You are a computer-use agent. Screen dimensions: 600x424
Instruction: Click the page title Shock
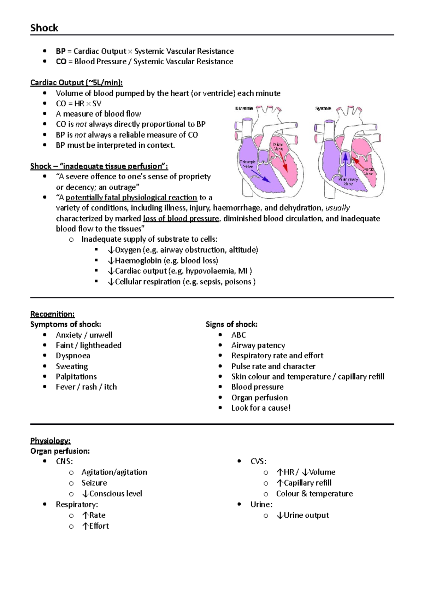coord(44,28)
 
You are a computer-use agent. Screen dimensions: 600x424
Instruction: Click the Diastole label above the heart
coord(244,108)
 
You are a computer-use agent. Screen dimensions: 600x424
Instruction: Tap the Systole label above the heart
coord(323,108)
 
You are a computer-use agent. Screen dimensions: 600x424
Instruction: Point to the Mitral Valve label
coord(278,146)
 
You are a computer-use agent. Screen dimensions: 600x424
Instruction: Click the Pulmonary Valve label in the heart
coord(348,182)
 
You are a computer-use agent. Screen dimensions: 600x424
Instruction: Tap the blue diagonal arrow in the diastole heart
coord(259,176)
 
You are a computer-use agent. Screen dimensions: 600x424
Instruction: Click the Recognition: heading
coord(52,314)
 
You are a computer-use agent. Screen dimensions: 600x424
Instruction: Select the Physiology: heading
coord(50,441)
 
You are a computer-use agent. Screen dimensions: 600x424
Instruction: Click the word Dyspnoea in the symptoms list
coord(73,356)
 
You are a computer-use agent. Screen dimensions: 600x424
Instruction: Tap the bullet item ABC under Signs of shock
coord(238,335)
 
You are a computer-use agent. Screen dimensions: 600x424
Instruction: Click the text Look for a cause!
coord(261,408)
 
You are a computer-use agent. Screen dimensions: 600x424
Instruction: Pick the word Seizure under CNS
coord(94,483)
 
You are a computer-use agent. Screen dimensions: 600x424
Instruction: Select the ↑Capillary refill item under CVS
coord(304,483)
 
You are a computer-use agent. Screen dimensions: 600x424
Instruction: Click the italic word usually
coord(337,208)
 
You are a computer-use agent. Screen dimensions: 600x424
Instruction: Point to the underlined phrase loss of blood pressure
coord(181,218)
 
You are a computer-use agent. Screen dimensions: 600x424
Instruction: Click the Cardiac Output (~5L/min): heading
coord(77,83)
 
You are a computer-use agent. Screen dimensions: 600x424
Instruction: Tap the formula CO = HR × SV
coord(78,104)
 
